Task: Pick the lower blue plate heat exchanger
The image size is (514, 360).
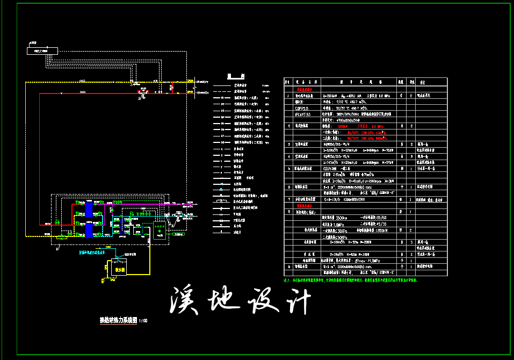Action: [x=89, y=229]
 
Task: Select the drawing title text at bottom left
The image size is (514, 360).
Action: [x=118, y=320]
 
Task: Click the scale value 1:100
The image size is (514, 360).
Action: [x=143, y=321]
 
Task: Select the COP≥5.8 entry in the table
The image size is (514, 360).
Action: [x=302, y=107]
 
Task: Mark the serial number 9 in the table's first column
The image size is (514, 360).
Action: [x=289, y=266]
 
